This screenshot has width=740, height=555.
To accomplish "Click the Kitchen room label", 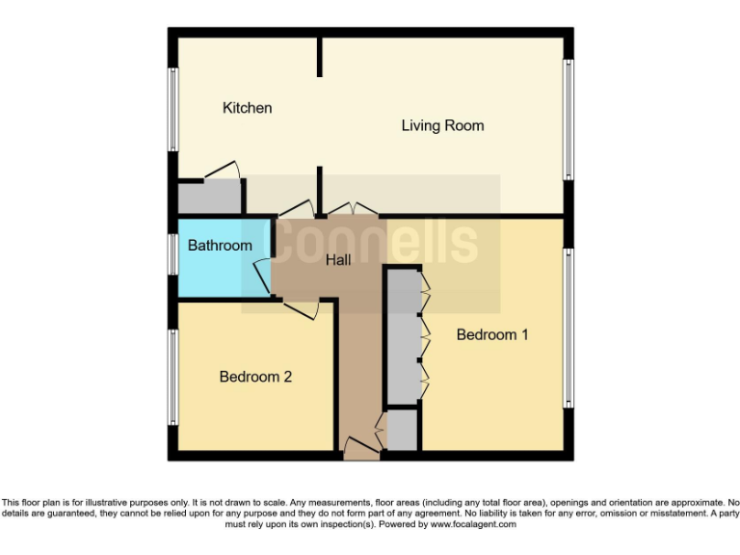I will click(247, 108).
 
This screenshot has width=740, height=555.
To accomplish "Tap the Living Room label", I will click(442, 126).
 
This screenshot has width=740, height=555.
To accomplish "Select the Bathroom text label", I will click(220, 246).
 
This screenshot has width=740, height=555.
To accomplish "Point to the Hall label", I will click(337, 260).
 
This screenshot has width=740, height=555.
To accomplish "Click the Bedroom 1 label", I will click(492, 335).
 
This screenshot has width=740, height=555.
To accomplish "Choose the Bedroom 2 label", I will click(255, 377).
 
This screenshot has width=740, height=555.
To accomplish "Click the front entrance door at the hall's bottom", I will click(361, 446).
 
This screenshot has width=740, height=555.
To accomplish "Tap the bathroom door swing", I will click(260, 275).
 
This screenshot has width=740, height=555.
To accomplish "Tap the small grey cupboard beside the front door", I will click(402, 430).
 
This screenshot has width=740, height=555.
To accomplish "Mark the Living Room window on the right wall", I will click(569, 119).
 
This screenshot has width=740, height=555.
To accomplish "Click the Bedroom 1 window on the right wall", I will click(569, 328).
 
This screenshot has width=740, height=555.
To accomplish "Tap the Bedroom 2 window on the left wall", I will click(173, 377).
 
